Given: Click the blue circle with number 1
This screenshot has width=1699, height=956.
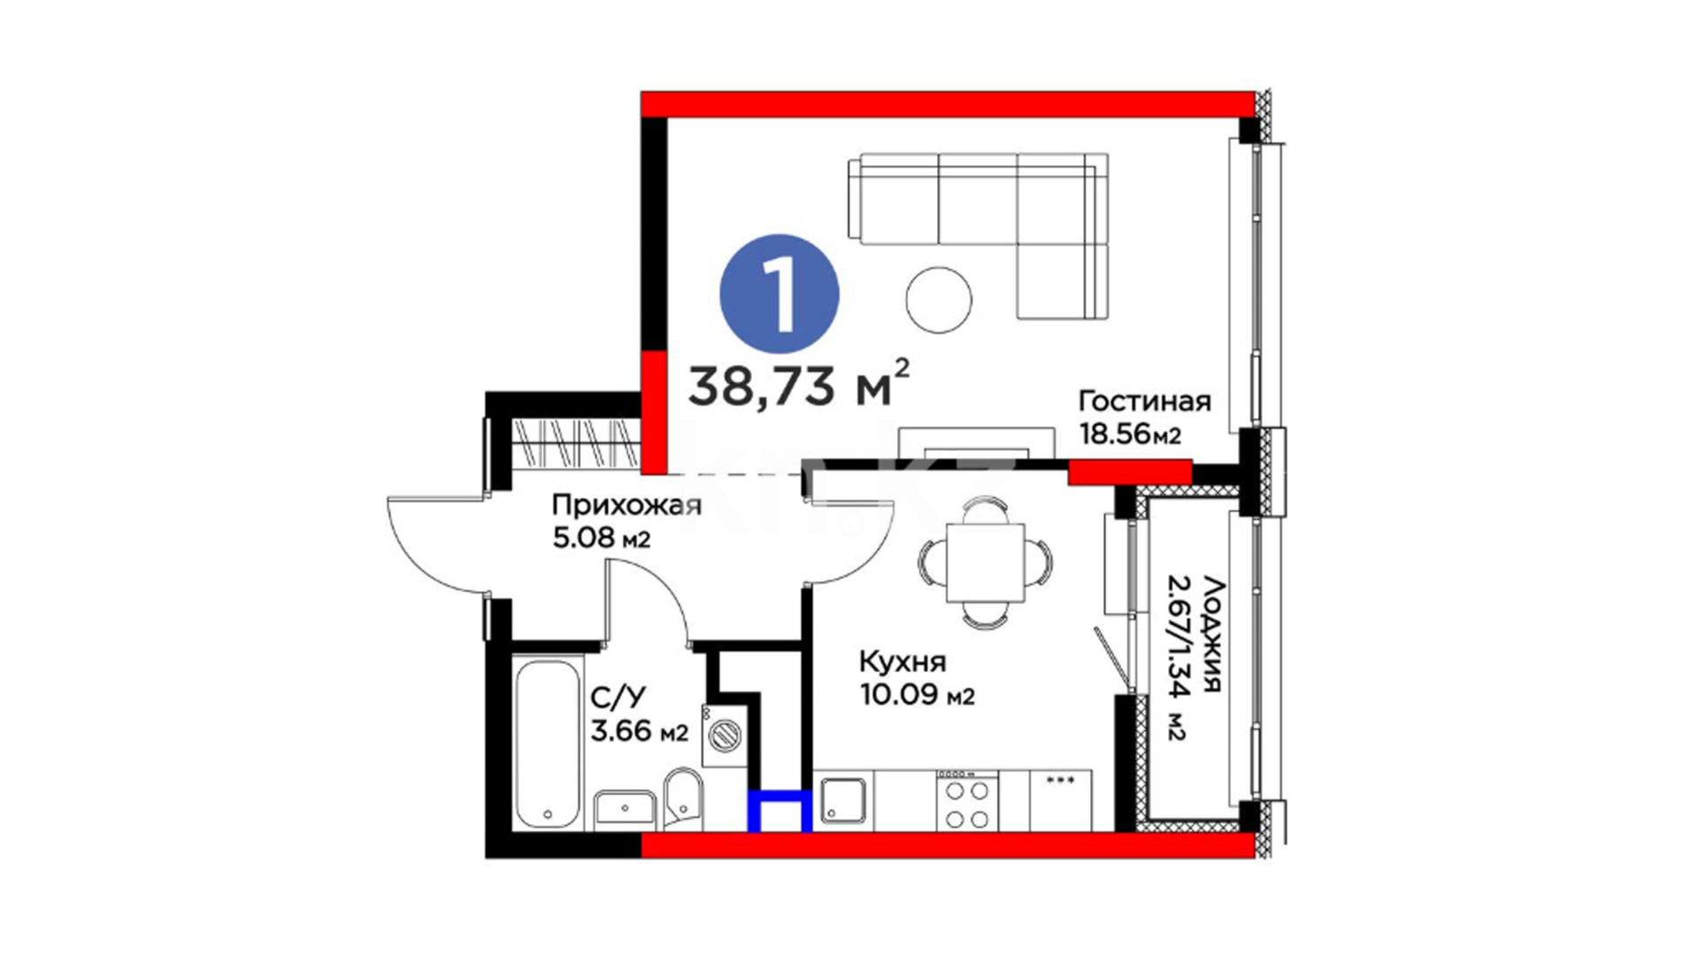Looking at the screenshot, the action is coord(780,293).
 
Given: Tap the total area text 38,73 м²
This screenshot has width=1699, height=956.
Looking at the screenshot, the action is coord(799,383).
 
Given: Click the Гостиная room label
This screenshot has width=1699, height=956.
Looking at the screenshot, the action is coord(1144,401).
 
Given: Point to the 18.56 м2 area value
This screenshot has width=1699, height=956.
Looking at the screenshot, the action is coord(1130,435).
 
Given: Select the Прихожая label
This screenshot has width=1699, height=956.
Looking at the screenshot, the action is coord(627,505).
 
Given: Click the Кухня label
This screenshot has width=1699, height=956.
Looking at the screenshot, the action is coord(903,662).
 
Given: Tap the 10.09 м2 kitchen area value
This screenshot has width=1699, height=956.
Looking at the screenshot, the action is coord(917,695).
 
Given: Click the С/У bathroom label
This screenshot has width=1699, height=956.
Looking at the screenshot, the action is coord(619,698).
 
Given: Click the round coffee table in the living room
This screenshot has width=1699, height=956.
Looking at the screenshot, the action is coord(939,300).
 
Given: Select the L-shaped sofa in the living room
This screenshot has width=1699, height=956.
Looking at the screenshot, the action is coord(978,235).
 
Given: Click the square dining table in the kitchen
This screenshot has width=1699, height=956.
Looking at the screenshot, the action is coord(985,563).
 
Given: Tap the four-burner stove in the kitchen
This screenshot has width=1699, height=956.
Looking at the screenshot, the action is coord(967,800).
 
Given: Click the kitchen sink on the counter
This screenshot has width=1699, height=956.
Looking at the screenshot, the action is coord(843,800).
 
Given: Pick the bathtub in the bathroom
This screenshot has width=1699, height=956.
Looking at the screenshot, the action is coord(546,744).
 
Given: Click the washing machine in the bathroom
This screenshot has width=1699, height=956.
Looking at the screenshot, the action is coord(724,735).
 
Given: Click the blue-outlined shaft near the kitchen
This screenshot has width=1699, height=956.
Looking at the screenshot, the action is coord(780,812).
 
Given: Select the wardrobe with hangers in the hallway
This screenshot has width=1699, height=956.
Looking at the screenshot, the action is coord(576,442).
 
